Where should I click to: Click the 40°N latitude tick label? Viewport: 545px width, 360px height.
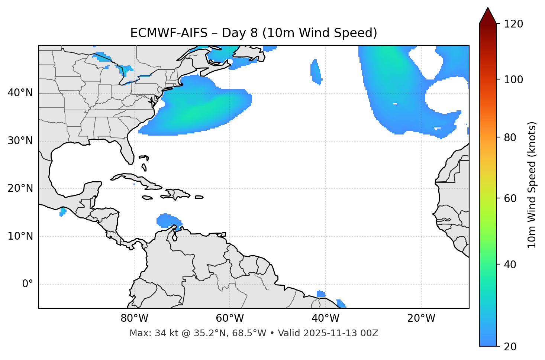point(20,93)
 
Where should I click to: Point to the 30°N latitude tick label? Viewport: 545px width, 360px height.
point(20,141)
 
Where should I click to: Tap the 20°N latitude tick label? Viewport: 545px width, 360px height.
point(20,188)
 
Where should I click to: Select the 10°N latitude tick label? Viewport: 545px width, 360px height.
point(20,236)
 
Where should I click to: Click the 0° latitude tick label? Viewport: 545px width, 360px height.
point(28,284)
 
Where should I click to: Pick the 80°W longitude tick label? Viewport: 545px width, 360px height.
point(134,318)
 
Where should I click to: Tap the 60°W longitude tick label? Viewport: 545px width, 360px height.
point(230,318)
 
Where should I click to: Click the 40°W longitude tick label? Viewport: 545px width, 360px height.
point(325,318)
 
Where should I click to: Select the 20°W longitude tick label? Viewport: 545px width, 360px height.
point(421,318)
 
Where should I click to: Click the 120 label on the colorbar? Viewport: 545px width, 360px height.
point(513,24)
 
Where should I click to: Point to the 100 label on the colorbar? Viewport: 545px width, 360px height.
point(513,80)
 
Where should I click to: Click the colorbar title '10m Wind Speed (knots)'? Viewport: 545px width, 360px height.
point(532,185)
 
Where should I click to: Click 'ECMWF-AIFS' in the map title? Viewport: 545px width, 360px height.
point(168,33)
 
